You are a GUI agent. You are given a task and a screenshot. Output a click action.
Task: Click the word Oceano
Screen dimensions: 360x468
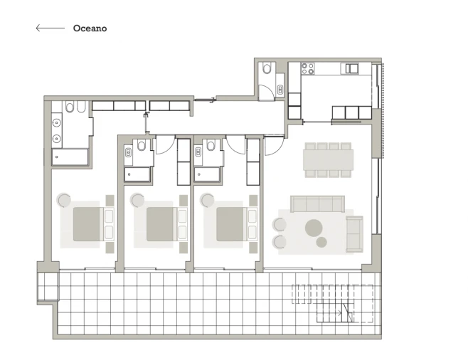(x=90, y=28)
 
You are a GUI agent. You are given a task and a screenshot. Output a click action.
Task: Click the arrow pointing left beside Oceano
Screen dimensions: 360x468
(x=50, y=28)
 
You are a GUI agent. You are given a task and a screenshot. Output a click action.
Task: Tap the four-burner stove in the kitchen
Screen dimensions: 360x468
(x=307, y=69)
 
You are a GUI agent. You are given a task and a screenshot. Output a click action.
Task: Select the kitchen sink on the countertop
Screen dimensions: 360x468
(x=351, y=69)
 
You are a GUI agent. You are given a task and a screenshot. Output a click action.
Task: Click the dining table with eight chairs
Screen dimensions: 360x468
(x=328, y=160)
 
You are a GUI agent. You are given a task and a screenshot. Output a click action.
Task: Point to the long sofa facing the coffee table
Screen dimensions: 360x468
(x=317, y=204)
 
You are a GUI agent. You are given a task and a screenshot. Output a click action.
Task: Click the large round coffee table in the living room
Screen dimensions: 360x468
(x=314, y=228)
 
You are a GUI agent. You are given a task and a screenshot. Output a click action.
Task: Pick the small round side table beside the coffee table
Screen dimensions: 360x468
(x=321, y=243)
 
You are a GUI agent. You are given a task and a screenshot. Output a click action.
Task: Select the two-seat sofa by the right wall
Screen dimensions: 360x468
(x=354, y=234)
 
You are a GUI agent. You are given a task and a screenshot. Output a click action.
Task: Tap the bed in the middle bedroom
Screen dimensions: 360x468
(x=161, y=223)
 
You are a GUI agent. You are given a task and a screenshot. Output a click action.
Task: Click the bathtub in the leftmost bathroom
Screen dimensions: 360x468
(x=70, y=157)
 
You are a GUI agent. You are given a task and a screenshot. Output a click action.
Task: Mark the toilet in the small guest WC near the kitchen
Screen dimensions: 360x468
(x=267, y=69)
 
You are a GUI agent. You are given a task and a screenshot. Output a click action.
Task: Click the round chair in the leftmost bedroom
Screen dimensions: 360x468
(x=65, y=201)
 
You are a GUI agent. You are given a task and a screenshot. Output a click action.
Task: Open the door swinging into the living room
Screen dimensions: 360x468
(x=273, y=146)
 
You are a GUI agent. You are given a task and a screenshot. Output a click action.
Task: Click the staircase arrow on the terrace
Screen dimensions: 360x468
(x=346, y=312)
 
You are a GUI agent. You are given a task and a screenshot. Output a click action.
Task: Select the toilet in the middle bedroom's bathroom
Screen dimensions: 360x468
(x=142, y=146)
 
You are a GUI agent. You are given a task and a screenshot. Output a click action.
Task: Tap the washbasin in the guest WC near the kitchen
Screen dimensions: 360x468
(x=280, y=90)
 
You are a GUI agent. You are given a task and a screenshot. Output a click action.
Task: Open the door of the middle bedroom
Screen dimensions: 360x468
(x=164, y=144)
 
